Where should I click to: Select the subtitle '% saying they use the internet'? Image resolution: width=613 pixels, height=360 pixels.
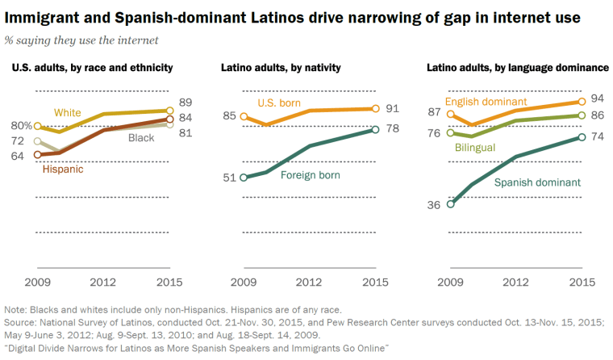coord(81,39)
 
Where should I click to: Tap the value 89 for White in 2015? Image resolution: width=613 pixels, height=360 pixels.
coord(185,102)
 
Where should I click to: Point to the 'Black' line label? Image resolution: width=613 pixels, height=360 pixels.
coord(141,139)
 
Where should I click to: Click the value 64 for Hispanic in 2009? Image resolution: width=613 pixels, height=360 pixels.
coord(17,156)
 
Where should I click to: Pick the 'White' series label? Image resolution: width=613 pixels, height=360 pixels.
coord(68,112)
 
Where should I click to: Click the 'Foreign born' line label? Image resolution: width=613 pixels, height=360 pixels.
coord(310,174)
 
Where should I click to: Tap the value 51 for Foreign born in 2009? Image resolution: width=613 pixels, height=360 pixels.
coord(229,177)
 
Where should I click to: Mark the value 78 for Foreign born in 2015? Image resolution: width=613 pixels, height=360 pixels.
coord(394,128)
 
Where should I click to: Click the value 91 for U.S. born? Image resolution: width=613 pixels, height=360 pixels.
coord(394,107)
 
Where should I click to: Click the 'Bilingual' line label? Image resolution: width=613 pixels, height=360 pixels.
coord(474,149)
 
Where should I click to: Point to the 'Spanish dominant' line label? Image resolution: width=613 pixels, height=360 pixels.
coord(538,182)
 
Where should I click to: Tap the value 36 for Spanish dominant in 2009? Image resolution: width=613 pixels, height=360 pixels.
coord(434,205)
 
